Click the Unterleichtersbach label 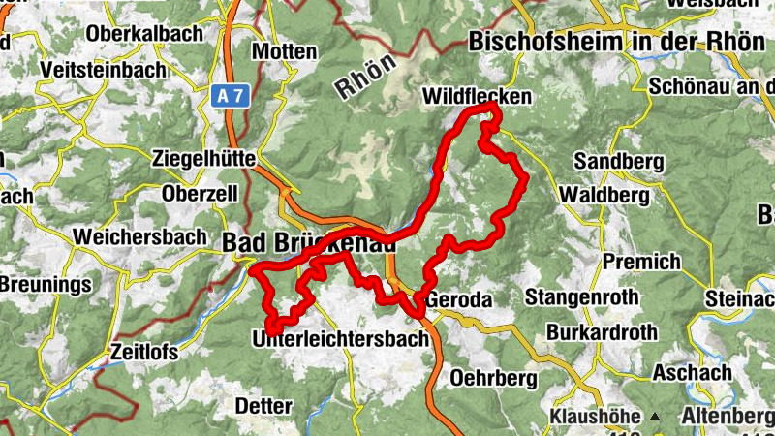[339, 339]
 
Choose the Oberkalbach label [145, 33]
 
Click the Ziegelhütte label [203, 158]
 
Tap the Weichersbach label [139, 236]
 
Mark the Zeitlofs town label [144, 353]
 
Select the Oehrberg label [480, 375]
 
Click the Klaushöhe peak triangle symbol [656, 417]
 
